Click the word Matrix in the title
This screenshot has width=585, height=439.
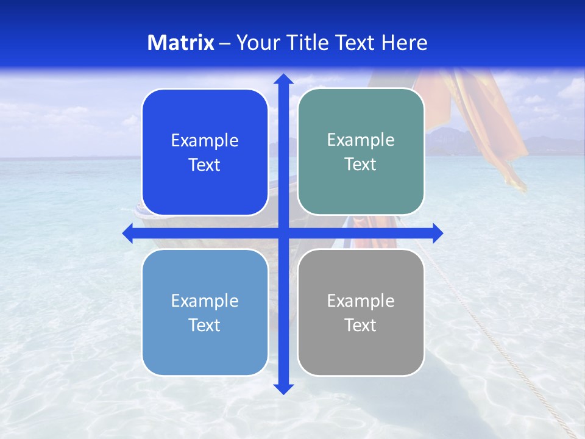pyautogui.click(x=181, y=43)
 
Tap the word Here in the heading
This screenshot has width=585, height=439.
pyautogui.click(x=404, y=43)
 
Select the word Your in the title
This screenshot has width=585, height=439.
pyautogui.click(x=259, y=43)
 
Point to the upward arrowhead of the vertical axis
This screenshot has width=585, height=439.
pyautogui.click(x=283, y=79)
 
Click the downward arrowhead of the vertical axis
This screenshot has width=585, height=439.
pyautogui.click(x=283, y=388)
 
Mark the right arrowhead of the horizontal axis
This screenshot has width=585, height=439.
pyautogui.click(x=437, y=233)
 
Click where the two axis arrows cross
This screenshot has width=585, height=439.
pyautogui.click(x=283, y=233)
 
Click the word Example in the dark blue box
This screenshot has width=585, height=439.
pyautogui.click(x=205, y=141)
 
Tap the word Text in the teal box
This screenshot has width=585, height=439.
pyautogui.click(x=361, y=165)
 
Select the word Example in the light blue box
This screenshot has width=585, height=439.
pyautogui.click(x=205, y=301)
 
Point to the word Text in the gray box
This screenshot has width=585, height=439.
pyautogui.click(x=361, y=326)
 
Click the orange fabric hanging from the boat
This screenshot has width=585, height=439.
pyautogui.click(x=487, y=122)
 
